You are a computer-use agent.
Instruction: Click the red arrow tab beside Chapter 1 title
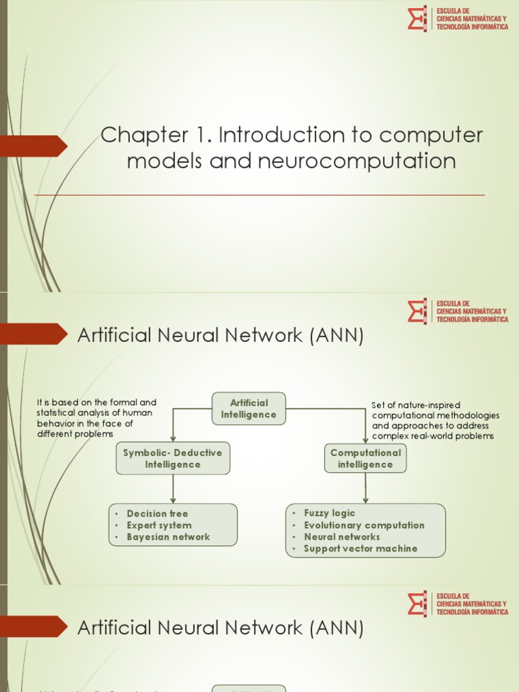[34, 146]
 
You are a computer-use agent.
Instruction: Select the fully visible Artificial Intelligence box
[249, 408]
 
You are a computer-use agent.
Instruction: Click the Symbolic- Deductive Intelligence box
[172, 458]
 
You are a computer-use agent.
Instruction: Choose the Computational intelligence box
[365, 458]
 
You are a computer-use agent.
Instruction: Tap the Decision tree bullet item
[157, 514]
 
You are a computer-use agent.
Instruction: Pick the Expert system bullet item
[159, 525]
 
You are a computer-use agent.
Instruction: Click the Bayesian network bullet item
[168, 537]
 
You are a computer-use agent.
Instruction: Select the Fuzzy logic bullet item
[329, 513]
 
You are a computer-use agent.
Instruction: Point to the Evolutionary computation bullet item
[364, 525]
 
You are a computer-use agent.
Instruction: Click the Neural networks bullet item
[341, 537]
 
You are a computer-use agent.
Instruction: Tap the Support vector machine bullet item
[360, 549]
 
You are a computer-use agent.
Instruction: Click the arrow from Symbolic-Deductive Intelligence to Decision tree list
[173, 489]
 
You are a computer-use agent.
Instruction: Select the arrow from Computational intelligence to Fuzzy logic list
[366, 487]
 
